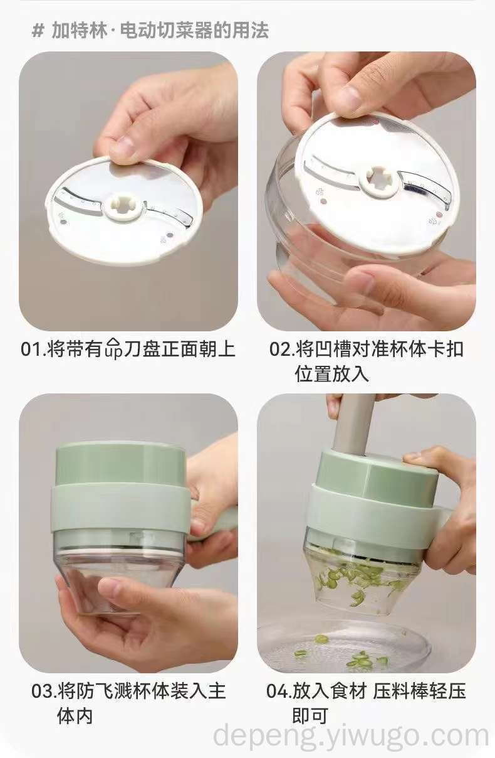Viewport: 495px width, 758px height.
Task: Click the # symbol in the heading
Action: point(38,31)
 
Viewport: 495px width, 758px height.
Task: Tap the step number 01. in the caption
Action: point(33,349)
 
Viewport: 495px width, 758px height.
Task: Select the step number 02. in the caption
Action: point(281,349)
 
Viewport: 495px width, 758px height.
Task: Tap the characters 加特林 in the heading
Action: point(79,31)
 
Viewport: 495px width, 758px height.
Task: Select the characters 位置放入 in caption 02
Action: point(331,374)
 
